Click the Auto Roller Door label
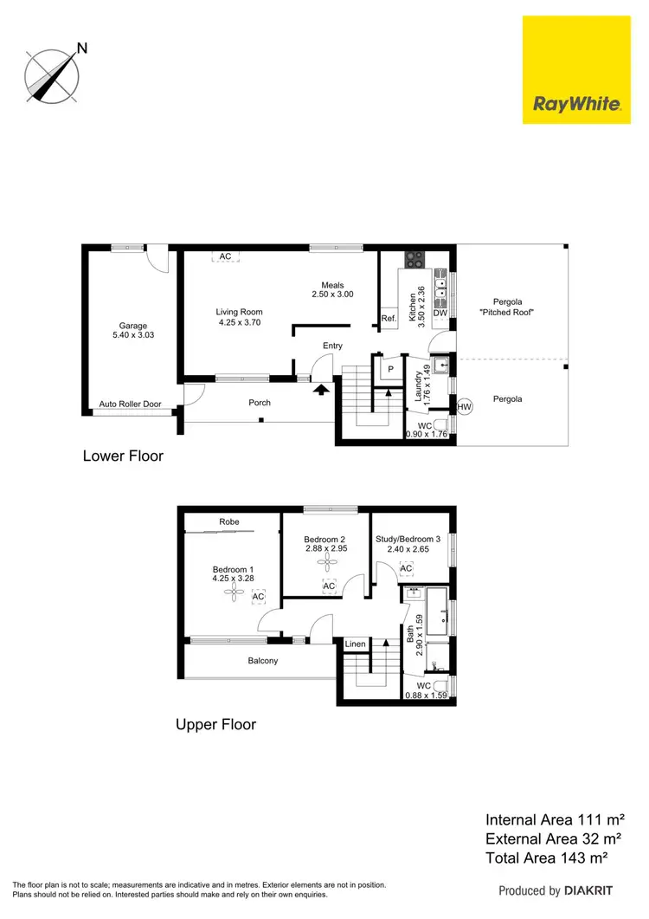coord(130,404)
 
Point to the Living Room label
coord(239,312)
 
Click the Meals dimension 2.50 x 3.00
coord(333,294)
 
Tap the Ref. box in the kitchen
coord(389,320)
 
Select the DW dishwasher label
coord(440,314)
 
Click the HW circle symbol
coord(465,406)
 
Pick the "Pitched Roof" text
coord(508,312)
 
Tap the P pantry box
coord(390,368)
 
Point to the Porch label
coord(260,403)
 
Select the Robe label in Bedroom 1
coord(229,521)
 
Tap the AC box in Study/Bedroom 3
coord(407,569)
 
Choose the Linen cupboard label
coord(356,644)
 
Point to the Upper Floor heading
coord(215,724)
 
